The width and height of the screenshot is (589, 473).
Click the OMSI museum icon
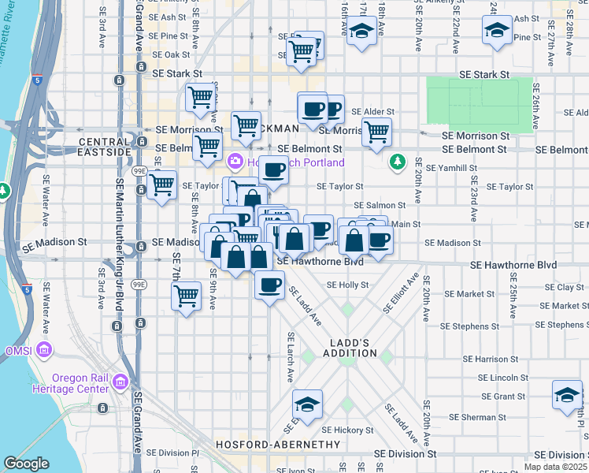tap(45, 349)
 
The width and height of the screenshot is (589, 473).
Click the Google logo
tap(26, 464)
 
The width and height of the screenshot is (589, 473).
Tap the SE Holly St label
tap(347, 285)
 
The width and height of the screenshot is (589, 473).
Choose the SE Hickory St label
tap(347, 430)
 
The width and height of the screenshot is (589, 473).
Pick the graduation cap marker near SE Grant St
tap(567, 395)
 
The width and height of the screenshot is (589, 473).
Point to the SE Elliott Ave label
tap(401, 293)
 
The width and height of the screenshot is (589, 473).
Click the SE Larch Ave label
tap(289, 356)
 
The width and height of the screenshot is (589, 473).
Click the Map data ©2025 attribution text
tap(553, 467)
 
